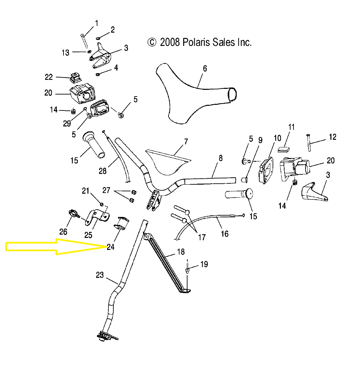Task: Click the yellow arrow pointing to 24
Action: pos(56,247)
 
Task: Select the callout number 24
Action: pos(110,247)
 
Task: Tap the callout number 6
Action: pos(205,69)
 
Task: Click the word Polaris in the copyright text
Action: pos(196,42)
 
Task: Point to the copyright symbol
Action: pos(152,42)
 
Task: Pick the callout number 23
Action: pos(100,275)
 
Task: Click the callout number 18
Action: pos(181,252)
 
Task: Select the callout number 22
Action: pos(49,77)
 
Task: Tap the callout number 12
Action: pos(332,137)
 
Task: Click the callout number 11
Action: pos(292,127)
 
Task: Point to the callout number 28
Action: pos(103,171)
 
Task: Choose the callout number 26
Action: pos(63,232)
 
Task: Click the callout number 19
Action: pos(204,264)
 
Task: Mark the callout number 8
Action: pos(221,158)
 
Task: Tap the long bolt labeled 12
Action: pos(309,143)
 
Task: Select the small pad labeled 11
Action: pos(284,149)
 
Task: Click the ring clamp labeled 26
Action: pos(74,214)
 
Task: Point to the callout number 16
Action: pos(225,234)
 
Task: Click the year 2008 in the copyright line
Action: pos(170,42)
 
